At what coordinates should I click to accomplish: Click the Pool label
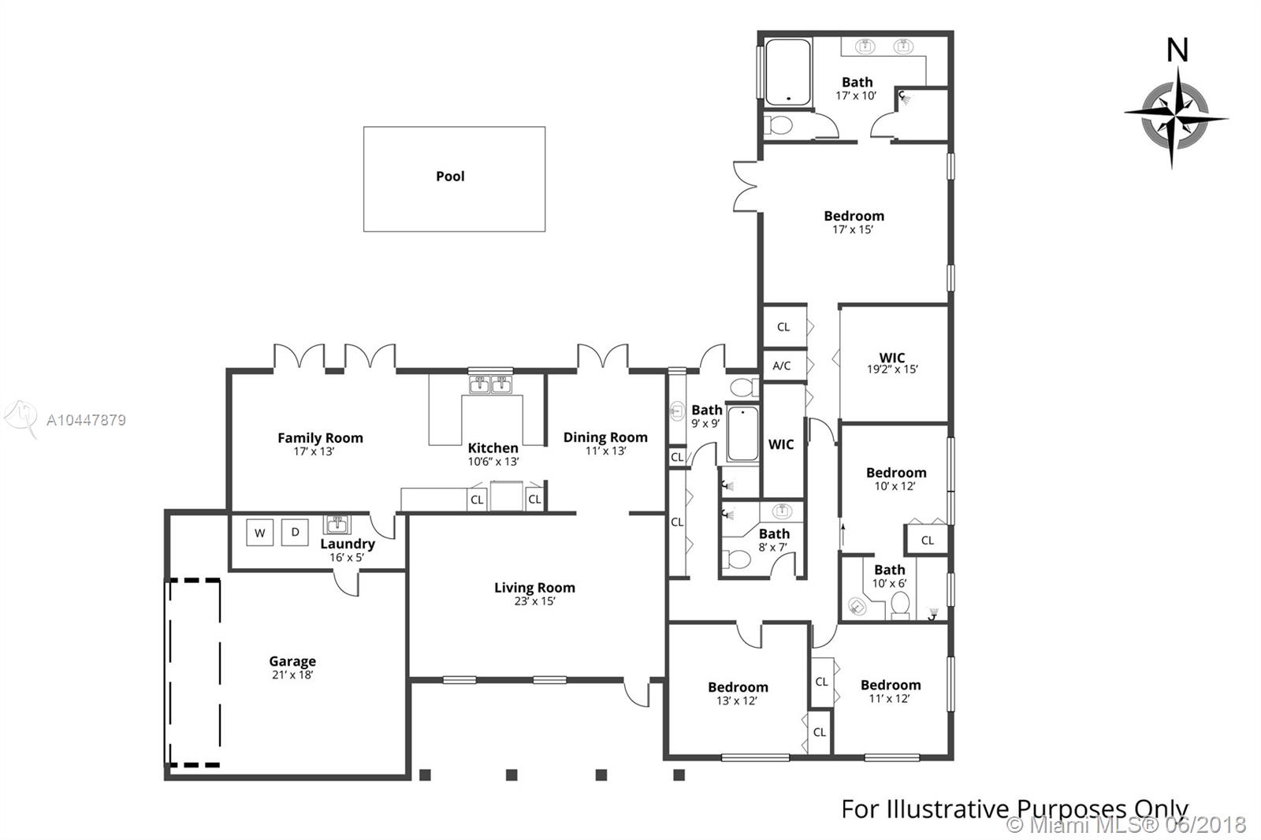[450, 177]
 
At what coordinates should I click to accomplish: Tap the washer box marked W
[259, 533]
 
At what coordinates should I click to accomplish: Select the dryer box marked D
[295, 532]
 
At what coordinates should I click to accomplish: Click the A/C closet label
[781, 366]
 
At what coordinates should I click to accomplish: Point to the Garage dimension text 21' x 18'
[292, 675]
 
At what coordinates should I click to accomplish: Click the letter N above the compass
[1177, 50]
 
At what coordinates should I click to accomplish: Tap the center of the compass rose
[1175, 117]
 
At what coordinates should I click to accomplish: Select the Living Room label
[535, 587]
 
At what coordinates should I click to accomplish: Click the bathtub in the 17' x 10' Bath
[788, 72]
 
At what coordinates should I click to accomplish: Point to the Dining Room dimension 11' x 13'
[606, 451]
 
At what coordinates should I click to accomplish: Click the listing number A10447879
[86, 420]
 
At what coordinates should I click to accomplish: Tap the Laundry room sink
[337, 524]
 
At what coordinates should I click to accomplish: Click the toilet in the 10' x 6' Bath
[900, 604]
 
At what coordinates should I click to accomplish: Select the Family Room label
[320, 437]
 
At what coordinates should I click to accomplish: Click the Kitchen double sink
[490, 385]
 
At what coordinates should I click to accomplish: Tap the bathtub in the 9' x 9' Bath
[742, 433]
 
